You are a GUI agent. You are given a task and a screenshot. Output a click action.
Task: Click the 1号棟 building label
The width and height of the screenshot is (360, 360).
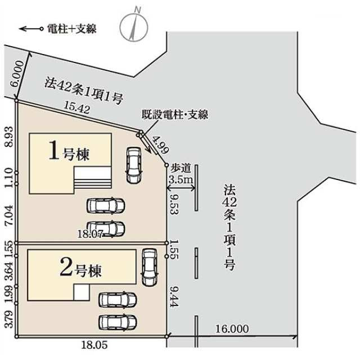(70, 152)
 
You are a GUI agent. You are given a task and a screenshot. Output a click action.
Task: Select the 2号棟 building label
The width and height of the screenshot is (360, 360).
(81, 270)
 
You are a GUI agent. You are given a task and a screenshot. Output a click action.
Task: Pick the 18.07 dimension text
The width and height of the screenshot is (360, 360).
(90, 233)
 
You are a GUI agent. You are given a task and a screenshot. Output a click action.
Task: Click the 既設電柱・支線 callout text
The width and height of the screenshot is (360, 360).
(175, 115)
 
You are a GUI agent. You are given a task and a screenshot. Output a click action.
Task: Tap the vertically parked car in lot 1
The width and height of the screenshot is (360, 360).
(133, 165)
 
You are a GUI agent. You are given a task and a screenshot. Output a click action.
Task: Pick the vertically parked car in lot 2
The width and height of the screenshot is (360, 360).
(148, 267)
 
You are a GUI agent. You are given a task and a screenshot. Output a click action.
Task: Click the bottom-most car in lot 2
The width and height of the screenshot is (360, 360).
(118, 322)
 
